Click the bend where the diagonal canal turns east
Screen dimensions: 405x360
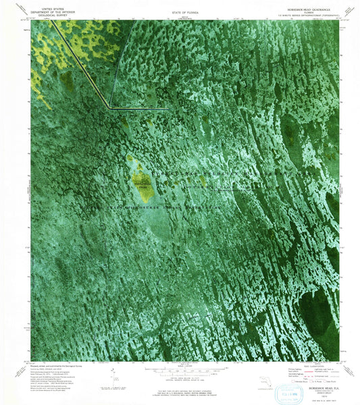click(109, 107)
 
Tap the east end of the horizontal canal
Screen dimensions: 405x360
click(168, 108)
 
